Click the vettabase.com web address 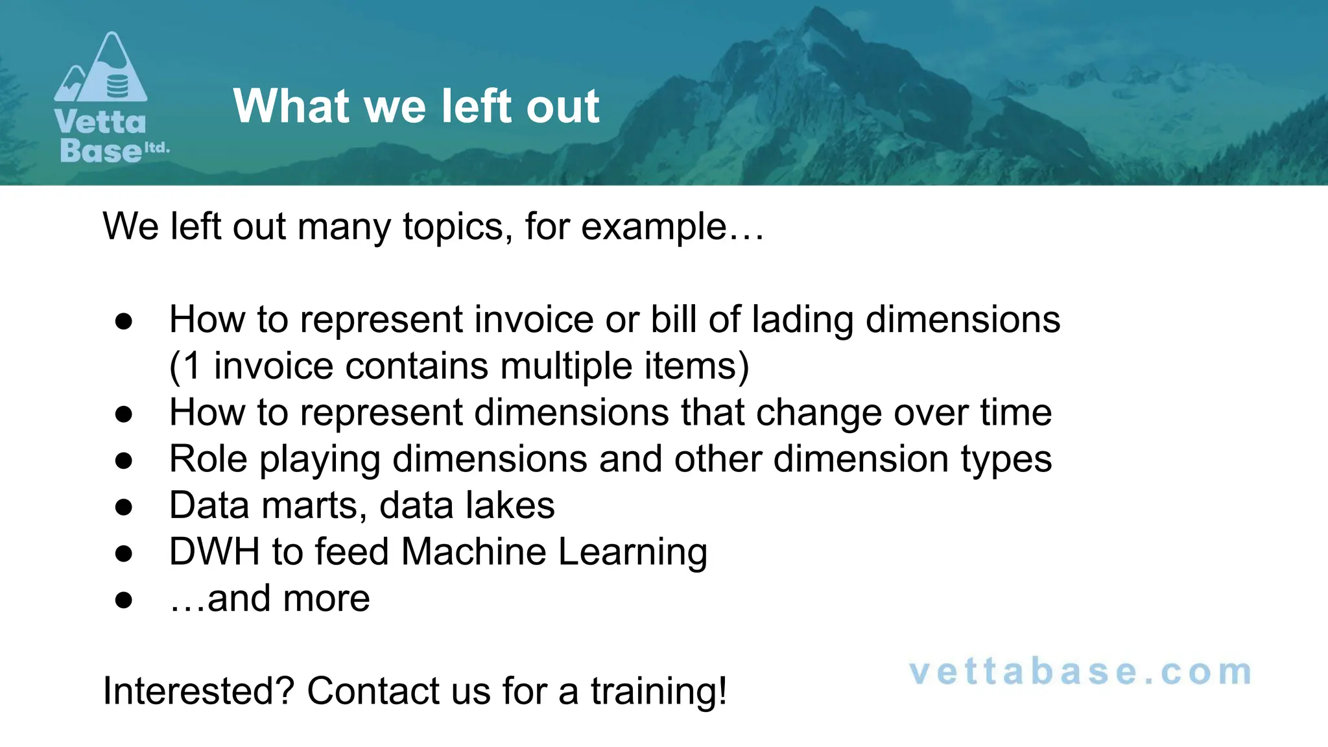pos(1080,672)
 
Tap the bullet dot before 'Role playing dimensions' pos(124,460)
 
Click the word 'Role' pos(208,459)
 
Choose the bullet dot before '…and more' pos(124,600)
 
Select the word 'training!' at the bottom pos(658,691)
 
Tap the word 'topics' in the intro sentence pos(453,227)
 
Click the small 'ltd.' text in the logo pos(156,147)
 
